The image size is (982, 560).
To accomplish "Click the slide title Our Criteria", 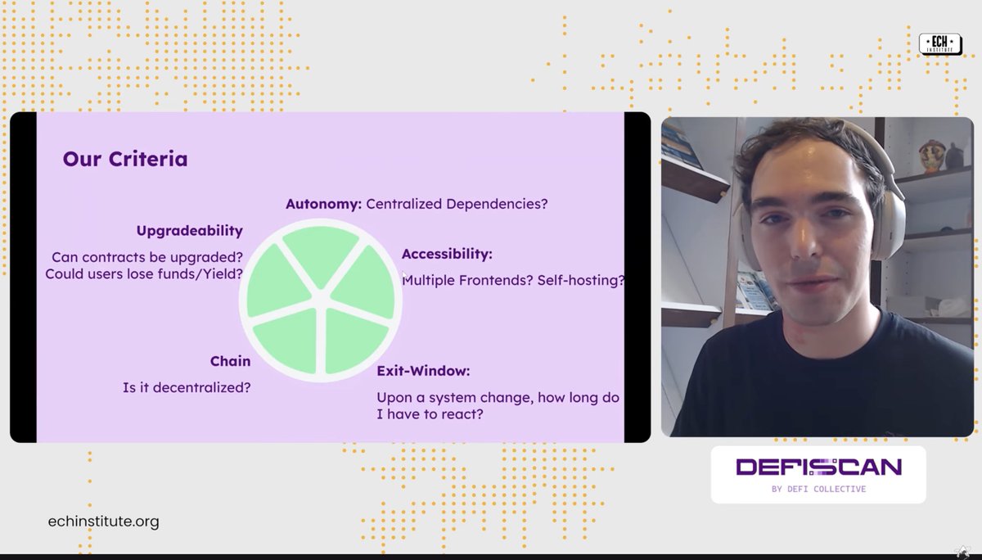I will [125, 159].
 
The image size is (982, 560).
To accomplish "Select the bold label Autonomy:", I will [323, 204].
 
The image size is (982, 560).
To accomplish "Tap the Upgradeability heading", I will [189, 231].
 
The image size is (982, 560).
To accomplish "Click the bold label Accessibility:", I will [447, 254].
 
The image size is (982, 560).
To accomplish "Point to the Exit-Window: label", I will [423, 371].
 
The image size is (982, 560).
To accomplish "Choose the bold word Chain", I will [230, 361].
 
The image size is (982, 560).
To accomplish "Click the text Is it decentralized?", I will [187, 387].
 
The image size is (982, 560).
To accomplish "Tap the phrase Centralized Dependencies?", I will [457, 204].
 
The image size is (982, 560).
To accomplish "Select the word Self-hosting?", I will [581, 280].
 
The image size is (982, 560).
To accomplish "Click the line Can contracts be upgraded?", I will [147, 257].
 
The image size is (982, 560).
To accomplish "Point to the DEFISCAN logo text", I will [818, 467].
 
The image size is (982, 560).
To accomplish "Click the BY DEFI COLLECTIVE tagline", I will [818, 489].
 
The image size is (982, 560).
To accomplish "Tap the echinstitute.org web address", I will [104, 522].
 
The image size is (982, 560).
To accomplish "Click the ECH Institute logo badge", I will [939, 44].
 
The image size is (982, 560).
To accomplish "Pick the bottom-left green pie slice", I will [286, 344].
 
